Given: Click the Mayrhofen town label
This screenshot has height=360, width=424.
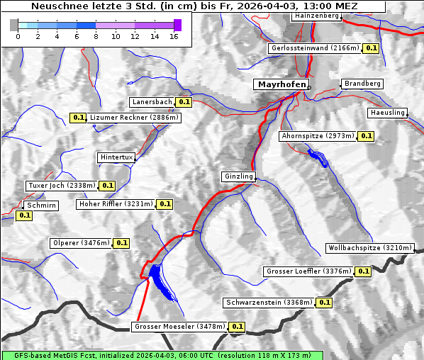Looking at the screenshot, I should click(x=281, y=84).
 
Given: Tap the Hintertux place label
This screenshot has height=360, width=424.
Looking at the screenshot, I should click(x=116, y=157).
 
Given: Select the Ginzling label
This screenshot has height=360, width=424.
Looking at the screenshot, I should click(x=238, y=176).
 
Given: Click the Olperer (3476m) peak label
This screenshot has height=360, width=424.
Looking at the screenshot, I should click(x=82, y=243).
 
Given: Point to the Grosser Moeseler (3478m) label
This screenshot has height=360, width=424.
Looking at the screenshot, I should click(x=179, y=327).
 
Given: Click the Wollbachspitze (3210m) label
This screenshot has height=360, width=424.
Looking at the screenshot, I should click(x=369, y=248).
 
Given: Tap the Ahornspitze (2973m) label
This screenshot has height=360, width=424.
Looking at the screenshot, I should click(x=317, y=135).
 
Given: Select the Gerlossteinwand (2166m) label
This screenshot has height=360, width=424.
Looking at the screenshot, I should click(x=315, y=48).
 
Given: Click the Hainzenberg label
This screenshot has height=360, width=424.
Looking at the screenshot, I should click(x=316, y=16).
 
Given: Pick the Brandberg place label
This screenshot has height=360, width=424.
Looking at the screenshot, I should click(x=362, y=84).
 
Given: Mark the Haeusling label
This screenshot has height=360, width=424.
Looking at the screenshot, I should click(x=387, y=113).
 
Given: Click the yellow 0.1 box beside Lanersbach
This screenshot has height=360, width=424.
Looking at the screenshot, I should click(x=184, y=102).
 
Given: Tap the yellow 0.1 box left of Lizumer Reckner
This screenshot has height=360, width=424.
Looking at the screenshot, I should click(x=78, y=118).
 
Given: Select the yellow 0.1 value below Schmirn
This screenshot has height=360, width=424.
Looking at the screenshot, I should click(x=24, y=215).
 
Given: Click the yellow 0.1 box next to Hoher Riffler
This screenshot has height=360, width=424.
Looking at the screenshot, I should click(x=164, y=204).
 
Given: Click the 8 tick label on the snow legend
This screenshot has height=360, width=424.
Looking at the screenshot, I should click(x=96, y=35).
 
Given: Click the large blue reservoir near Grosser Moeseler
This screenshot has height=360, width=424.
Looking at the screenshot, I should click(x=159, y=279).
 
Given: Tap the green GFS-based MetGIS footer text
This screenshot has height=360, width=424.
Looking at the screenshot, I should click(x=162, y=355).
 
